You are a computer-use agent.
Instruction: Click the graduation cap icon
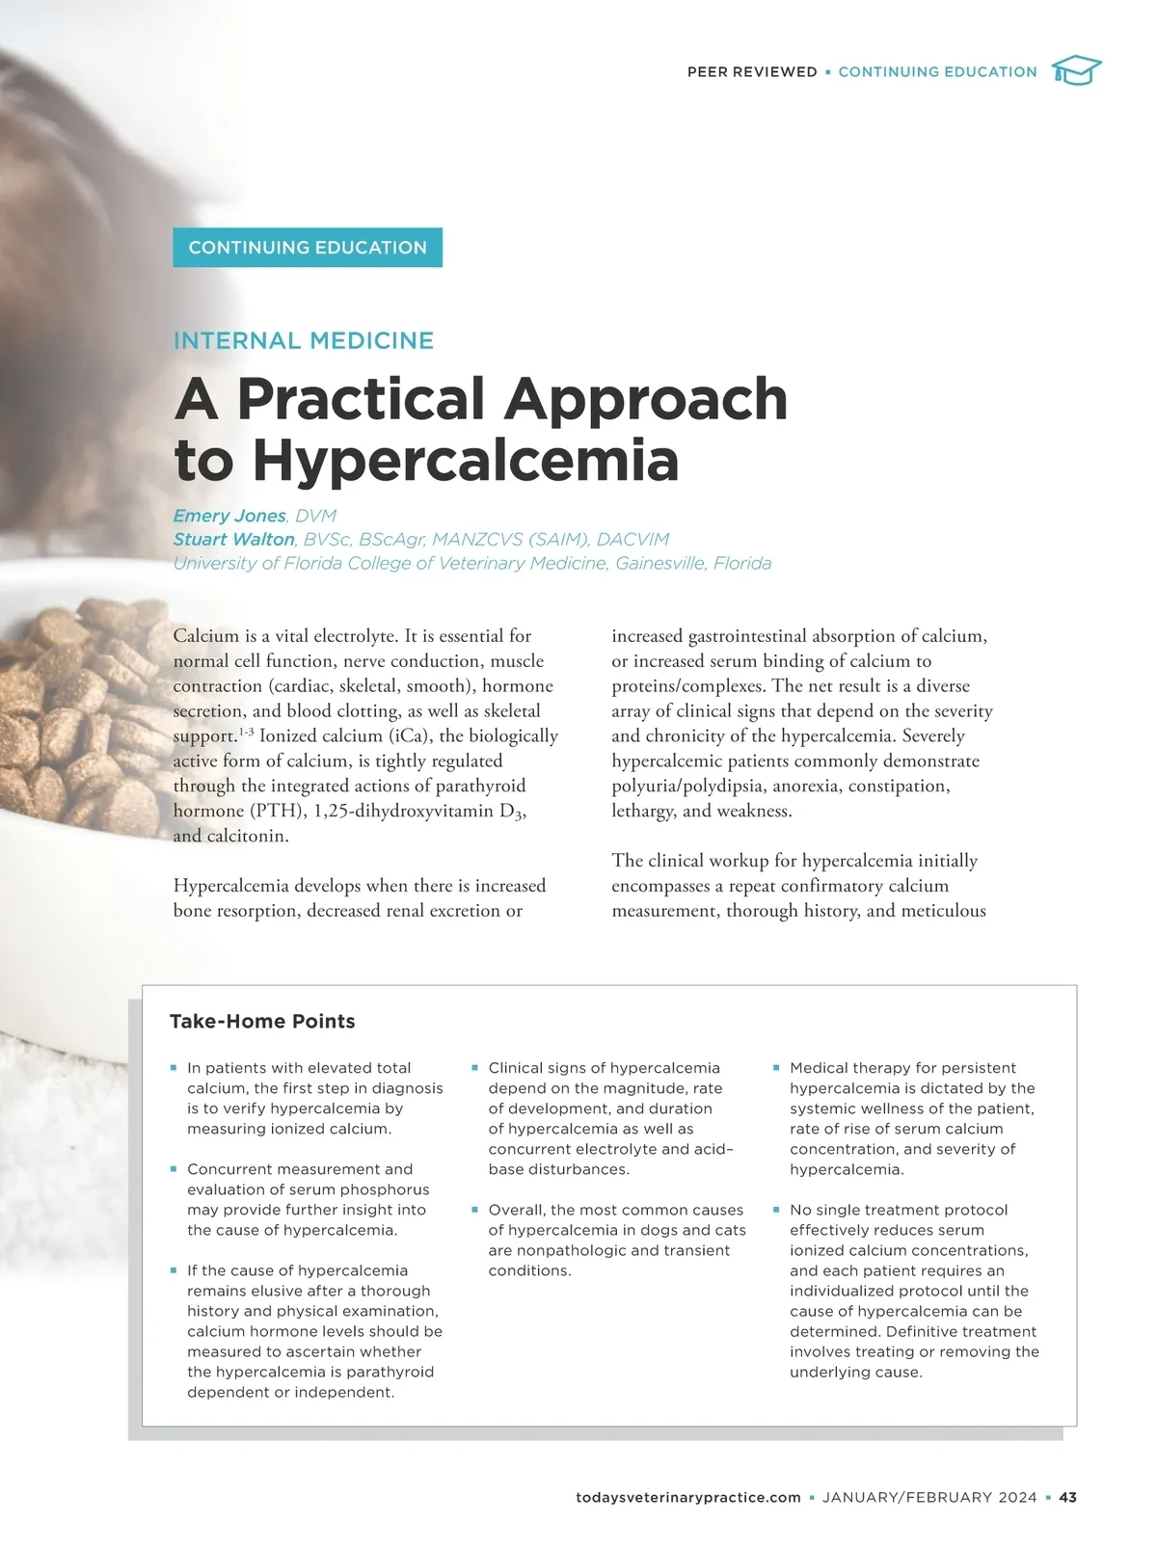click(x=1076, y=71)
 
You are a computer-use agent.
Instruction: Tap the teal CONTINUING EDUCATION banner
click(x=308, y=248)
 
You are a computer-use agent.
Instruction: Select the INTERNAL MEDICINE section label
click(x=304, y=340)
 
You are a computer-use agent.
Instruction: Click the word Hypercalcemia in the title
click(x=466, y=461)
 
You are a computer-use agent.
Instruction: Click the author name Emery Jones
click(x=229, y=516)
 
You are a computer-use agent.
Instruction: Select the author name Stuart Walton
click(x=234, y=540)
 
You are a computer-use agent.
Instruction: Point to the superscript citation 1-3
click(x=246, y=733)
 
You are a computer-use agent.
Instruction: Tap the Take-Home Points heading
click(x=262, y=1022)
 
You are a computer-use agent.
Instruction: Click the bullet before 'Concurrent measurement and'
click(x=174, y=1169)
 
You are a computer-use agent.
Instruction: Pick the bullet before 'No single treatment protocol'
click(x=776, y=1210)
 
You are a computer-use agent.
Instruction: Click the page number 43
click(x=1067, y=1498)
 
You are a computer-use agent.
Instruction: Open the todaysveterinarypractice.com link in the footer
click(x=687, y=1498)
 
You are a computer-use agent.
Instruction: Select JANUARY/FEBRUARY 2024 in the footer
click(x=929, y=1498)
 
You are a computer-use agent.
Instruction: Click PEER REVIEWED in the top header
click(x=752, y=72)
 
